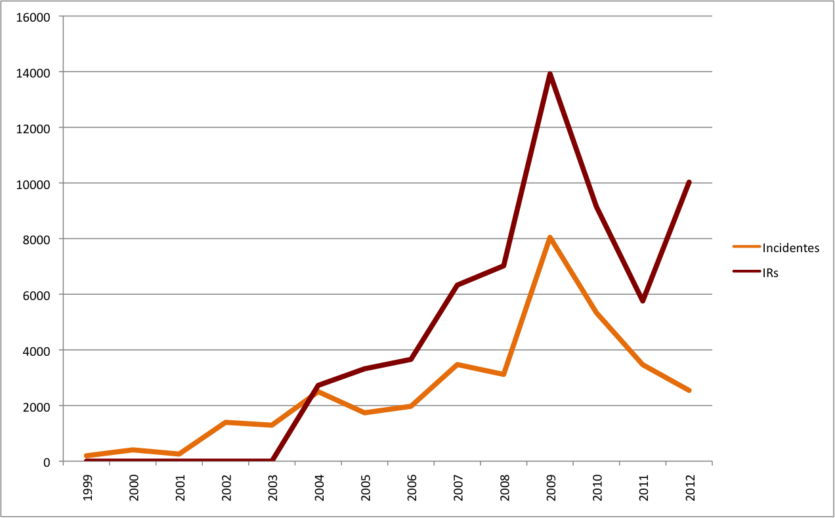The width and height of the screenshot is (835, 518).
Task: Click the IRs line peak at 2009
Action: click(x=549, y=74)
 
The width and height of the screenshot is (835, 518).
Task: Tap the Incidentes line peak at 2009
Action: click(x=549, y=237)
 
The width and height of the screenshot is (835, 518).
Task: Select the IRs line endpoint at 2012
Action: click(x=689, y=182)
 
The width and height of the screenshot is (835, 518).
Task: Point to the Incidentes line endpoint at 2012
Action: click(x=689, y=390)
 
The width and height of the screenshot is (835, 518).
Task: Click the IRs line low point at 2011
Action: click(x=643, y=301)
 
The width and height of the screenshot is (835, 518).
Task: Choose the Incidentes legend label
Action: click(x=790, y=248)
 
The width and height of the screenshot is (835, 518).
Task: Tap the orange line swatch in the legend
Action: click(x=746, y=248)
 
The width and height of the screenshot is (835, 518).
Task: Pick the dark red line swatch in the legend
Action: click(x=746, y=271)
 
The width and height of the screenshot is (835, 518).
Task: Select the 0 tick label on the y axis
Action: click(x=47, y=462)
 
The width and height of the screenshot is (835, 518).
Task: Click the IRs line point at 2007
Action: click(x=457, y=285)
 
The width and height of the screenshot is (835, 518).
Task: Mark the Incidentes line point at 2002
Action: click(x=226, y=422)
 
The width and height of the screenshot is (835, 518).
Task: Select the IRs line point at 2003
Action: click(x=272, y=461)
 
